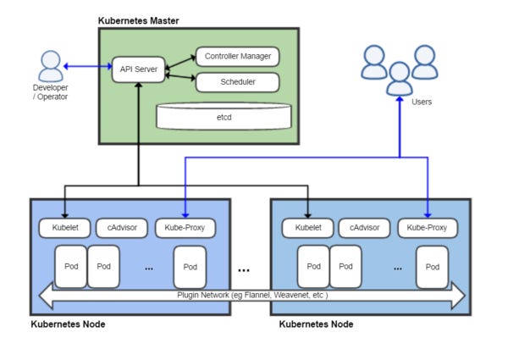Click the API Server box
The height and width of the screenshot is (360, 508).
137,68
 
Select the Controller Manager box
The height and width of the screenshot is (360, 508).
237,58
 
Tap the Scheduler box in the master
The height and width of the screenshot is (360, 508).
237,82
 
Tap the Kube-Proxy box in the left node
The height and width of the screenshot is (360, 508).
185,228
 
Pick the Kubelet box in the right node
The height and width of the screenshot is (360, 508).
306,228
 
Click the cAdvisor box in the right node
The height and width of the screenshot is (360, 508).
364,228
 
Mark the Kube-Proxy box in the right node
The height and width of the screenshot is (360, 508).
428,228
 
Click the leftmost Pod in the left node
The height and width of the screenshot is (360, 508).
70,266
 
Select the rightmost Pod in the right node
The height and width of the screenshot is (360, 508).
433,266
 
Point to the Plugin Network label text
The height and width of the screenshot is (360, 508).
252,295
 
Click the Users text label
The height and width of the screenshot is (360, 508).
421,102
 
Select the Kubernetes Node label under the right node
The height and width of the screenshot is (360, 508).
316,324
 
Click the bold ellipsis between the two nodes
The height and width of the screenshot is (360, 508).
244,270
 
